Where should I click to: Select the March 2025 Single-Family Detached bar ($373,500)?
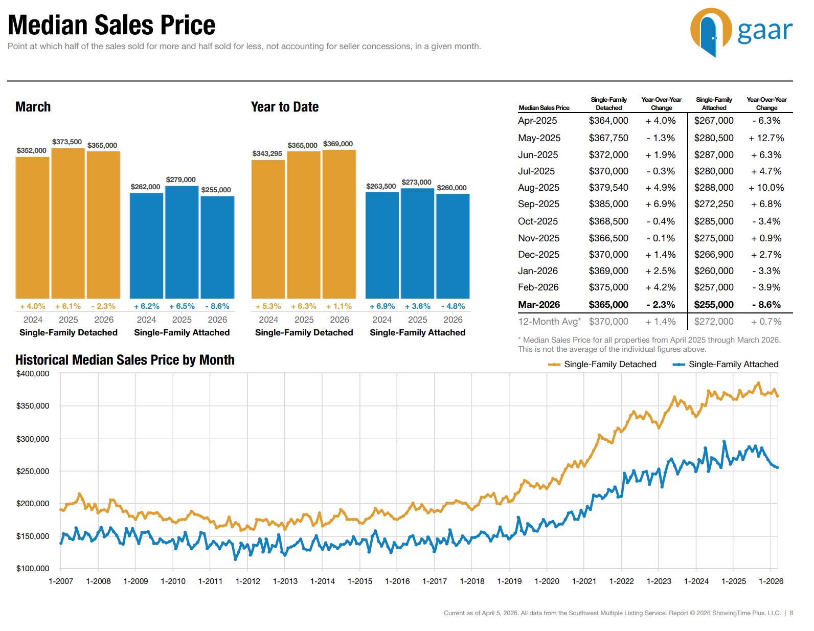coord(68,223)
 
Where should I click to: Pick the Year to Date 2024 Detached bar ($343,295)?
coord(268,229)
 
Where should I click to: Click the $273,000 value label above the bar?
coord(416,183)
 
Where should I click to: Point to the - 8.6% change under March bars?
coord(217,306)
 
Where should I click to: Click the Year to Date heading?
coord(285,107)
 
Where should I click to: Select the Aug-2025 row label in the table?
coord(538,188)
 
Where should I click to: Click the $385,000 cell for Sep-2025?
coord(608,204)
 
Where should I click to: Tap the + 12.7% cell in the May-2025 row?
coord(766,138)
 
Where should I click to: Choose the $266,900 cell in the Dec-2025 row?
coord(714,255)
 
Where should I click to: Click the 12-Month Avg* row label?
coord(549,322)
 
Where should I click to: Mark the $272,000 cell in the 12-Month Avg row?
coord(714,322)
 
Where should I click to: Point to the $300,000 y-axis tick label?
coord(33,439)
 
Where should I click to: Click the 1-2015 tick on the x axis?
coord(360,581)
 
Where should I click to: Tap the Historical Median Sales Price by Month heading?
coord(125,360)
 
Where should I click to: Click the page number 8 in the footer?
coord(792,613)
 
